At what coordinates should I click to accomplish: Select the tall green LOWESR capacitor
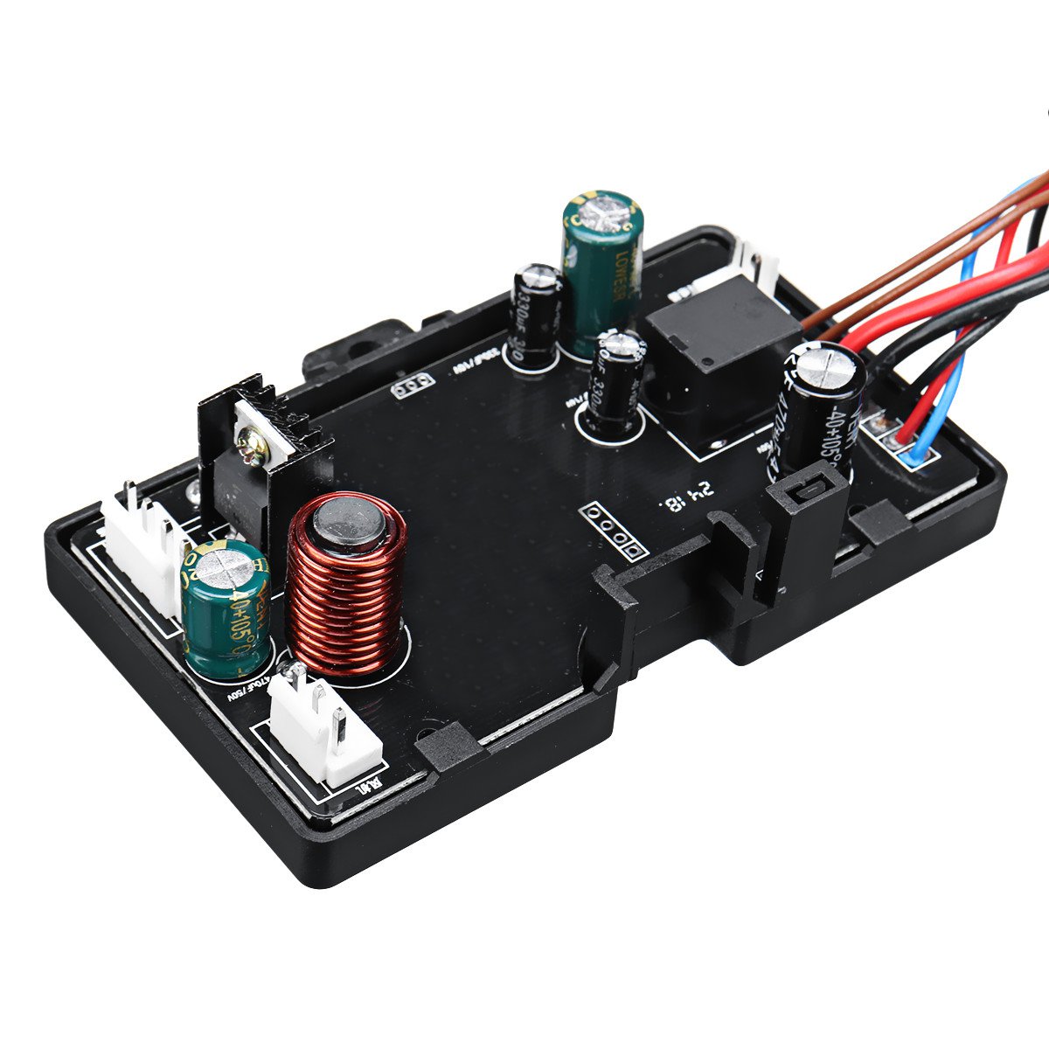click(602, 273)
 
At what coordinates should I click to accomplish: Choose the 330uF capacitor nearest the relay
click(618, 385)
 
